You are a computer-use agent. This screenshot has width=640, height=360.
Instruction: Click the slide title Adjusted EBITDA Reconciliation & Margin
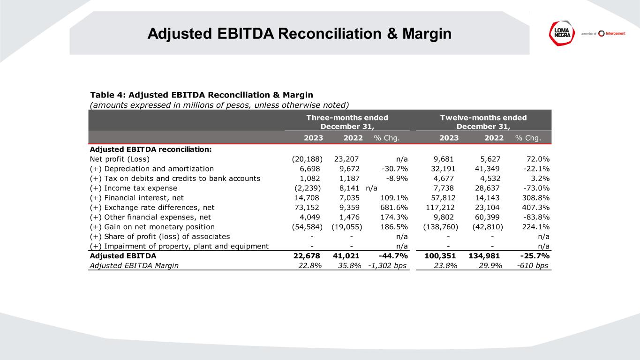point(299,33)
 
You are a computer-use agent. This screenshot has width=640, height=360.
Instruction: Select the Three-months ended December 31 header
point(347,122)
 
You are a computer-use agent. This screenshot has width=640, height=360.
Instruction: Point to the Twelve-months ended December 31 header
point(483,122)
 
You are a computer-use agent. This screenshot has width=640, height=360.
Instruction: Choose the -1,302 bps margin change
point(387,266)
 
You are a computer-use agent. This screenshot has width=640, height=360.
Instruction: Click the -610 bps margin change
point(531,266)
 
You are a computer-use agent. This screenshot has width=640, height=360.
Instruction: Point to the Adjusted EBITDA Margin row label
point(134,266)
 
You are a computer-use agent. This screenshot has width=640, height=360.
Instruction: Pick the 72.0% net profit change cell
point(537,158)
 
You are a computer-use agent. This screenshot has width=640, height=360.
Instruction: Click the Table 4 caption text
point(201,95)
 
